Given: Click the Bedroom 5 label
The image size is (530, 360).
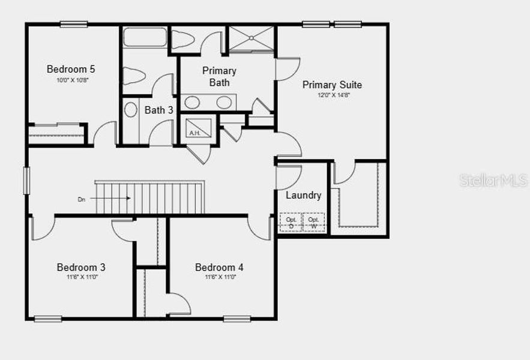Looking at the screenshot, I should (x=71, y=69).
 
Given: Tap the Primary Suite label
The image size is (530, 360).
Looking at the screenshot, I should (x=332, y=85).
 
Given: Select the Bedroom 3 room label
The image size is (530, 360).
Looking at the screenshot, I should (x=81, y=267).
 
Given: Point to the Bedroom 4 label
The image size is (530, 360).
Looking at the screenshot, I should (x=219, y=267).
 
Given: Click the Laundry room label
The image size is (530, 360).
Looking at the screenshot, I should (x=303, y=195).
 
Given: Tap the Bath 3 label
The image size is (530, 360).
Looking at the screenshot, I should (x=159, y=110).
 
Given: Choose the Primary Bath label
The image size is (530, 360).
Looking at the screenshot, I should (x=219, y=77).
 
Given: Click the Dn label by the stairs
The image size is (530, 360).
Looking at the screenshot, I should (x=81, y=199).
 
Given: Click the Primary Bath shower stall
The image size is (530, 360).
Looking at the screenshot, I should (x=251, y=39).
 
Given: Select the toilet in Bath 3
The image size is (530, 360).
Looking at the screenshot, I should (x=134, y=76).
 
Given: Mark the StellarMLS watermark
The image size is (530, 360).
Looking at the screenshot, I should (x=494, y=181).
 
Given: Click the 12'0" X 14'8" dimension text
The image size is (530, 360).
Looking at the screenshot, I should (x=332, y=95).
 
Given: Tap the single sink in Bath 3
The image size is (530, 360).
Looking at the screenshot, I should (x=131, y=110).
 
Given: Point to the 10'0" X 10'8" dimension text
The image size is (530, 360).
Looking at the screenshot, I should (x=71, y=80).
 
